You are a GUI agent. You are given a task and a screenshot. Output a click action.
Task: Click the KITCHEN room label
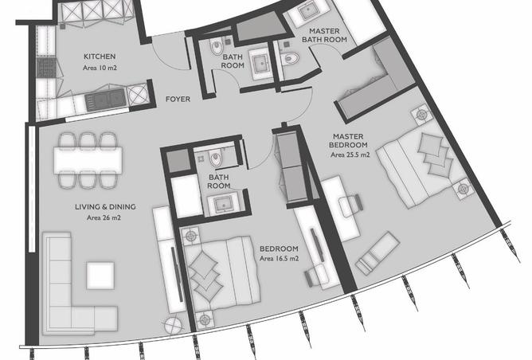click(100, 57)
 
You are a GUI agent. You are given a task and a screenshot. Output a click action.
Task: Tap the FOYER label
click(178, 99)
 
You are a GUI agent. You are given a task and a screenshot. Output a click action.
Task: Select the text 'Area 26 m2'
click(104, 218)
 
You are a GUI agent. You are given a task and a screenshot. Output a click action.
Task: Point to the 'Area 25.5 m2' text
click(350, 155)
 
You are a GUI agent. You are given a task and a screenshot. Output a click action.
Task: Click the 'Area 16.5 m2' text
click(279, 259)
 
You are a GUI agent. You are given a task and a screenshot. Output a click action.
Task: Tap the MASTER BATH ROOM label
click(324, 35)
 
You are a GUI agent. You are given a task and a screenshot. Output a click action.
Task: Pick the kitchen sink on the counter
click(105, 100)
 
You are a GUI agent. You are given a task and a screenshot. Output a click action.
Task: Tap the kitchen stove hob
click(45, 68)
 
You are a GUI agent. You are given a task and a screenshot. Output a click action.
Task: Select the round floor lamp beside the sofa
click(173, 326)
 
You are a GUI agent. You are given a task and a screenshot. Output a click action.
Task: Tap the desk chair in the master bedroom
click(351, 205)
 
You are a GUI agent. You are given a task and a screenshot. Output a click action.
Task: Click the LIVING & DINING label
click(105, 206)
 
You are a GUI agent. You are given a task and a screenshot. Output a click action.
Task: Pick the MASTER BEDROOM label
click(348, 140)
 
